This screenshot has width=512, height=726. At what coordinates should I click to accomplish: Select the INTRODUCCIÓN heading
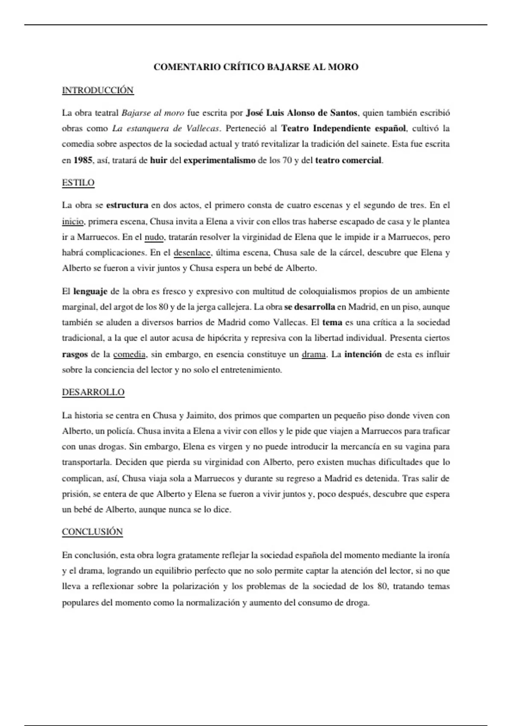(98, 90)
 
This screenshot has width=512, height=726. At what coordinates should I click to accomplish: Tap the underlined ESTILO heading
(78, 183)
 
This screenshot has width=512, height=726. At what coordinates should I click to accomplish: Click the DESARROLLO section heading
(93, 392)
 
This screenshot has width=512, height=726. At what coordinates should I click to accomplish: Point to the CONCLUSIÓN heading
(92, 532)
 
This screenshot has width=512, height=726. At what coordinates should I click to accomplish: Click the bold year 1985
(83, 161)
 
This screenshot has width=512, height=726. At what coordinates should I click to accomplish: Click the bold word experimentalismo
(219, 161)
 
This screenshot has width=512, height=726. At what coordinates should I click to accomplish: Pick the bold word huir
(158, 161)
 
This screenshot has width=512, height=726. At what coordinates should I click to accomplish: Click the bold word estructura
(127, 205)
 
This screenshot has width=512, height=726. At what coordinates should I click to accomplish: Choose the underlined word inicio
(73, 222)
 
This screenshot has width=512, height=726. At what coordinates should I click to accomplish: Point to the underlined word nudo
(154, 237)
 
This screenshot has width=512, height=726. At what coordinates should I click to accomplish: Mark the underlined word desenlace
(192, 252)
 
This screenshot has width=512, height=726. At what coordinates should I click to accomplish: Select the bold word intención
(363, 354)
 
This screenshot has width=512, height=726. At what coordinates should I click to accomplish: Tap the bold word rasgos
(75, 354)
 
